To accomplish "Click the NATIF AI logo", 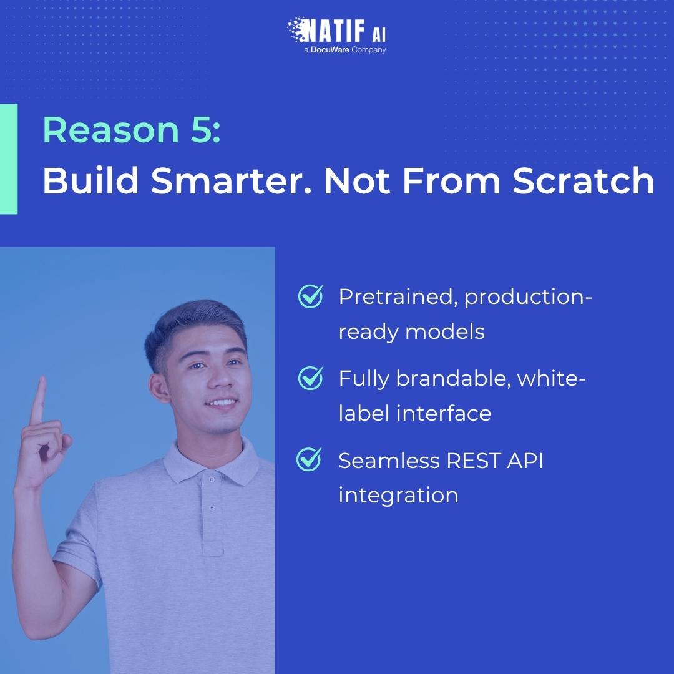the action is [336, 30].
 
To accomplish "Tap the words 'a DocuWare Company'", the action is [344, 50].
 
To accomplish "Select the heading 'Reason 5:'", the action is [132, 130].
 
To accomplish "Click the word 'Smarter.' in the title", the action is [232, 180].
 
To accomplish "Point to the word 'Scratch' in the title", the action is [584, 180].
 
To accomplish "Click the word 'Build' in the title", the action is [90, 180].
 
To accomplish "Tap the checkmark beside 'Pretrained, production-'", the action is [310, 296].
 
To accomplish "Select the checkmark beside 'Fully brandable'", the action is [310, 378].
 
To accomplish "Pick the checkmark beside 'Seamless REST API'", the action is [309, 459].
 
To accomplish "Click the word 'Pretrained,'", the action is [398, 297].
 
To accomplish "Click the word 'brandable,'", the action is [453, 379].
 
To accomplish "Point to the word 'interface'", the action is [444, 414].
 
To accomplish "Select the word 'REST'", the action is [474, 461].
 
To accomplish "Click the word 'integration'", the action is [398, 496].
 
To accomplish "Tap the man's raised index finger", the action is [38, 400].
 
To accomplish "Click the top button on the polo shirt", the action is [211, 479].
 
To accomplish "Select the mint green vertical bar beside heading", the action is [9, 159].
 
